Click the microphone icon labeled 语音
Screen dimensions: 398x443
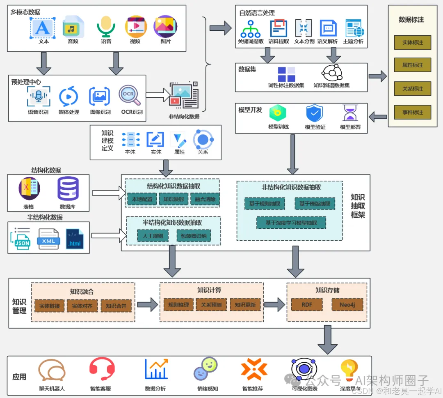tap(106, 26)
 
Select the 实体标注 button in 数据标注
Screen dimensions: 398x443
tap(412, 43)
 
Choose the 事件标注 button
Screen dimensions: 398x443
tap(412, 112)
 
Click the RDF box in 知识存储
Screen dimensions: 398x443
tap(307, 305)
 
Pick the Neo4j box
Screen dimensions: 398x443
tap(347, 305)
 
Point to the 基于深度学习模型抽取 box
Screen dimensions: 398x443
tap(291, 223)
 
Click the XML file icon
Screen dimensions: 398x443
tap(49, 239)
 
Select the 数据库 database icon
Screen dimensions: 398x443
tap(68, 189)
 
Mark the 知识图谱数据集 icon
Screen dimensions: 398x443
tap(331, 73)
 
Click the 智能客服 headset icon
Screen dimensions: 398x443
tap(102, 369)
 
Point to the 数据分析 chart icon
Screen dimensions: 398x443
tap(156, 369)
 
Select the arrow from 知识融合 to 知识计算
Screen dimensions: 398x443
tap(147, 305)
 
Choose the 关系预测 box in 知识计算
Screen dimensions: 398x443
tap(211, 305)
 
